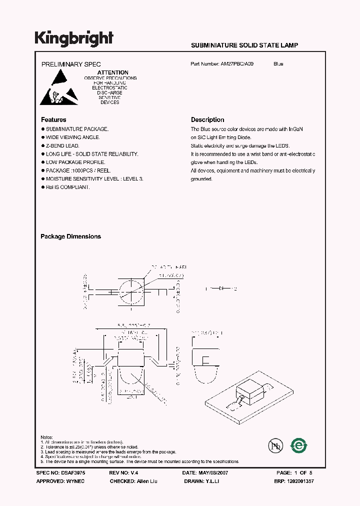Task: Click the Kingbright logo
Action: (x=74, y=38)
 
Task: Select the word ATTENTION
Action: (x=112, y=72)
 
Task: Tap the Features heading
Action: (x=53, y=120)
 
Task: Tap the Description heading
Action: (x=207, y=120)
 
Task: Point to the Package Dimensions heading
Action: (x=70, y=236)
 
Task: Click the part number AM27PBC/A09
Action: (x=240, y=64)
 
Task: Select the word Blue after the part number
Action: (x=278, y=64)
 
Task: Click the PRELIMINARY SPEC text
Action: (x=70, y=64)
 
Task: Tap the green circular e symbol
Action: (x=299, y=444)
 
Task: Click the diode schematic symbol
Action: (x=220, y=288)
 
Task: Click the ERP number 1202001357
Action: (x=301, y=481)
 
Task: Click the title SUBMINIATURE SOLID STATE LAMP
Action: (x=244, y=45)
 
